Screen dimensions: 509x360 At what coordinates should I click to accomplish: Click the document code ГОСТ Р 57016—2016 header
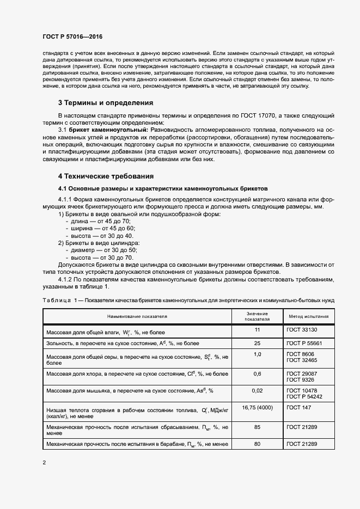click(72, 36)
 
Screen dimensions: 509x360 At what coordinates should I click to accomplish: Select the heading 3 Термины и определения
click(106, 103)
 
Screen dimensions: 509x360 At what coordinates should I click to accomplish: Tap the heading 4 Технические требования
click(106, 176)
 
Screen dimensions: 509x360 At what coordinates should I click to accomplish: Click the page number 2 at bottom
click(44, 463)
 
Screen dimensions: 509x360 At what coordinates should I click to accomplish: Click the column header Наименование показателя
click(137, 316)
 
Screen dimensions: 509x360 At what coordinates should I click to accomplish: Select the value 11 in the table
click(257, 329)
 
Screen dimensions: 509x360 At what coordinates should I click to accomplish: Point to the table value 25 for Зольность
click(257, 343)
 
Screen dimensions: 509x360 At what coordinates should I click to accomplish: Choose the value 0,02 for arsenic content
click(257, 390)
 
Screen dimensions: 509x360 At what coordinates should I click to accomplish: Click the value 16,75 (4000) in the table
click(257, 407)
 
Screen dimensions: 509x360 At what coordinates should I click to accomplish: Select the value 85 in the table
click(257, 427)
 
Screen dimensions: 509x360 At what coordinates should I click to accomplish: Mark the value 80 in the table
click(257, 444)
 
